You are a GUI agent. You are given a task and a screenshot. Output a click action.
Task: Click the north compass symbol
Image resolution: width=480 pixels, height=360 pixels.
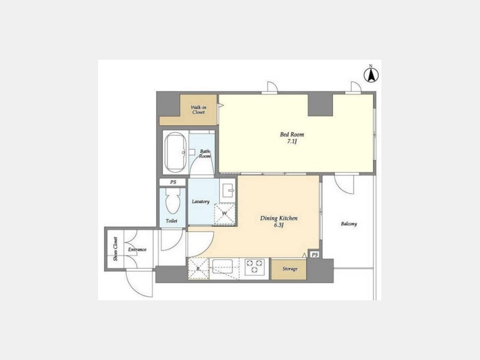pyautogui.click(x=371, y=74)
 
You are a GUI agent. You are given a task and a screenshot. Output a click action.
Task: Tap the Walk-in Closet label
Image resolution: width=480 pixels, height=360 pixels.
pyautogui.click(x=198, y=110)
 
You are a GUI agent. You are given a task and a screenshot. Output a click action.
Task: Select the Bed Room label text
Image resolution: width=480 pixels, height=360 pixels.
pyautogui.click(x=292, y=134)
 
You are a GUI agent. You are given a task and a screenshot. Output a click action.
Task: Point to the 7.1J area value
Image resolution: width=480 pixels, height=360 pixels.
pyautogui.click(x=292, y=142)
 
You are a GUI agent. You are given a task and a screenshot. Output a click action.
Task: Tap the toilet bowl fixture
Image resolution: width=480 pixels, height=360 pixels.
pyautogui.click(x=173, y=201)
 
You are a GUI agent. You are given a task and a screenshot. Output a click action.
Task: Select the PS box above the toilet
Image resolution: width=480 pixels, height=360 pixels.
pyautogui.click(x=173, y=182)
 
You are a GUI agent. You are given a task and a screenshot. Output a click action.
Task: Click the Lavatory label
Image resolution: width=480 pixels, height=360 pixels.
pyautogui.click(x=201, y=202)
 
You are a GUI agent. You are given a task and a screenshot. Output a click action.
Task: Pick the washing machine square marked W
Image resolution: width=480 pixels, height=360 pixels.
pyautogui.click(x=225, y=214)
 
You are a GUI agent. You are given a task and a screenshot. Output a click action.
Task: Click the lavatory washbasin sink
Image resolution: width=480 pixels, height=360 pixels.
pyautogui.click(x=227, y=191)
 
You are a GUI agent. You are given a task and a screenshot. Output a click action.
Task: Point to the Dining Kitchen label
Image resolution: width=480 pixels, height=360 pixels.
pyautogui.click(x=278, y=218)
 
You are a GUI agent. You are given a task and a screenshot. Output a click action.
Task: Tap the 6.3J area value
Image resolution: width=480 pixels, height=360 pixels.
pyautogui.click(x=279, y=225)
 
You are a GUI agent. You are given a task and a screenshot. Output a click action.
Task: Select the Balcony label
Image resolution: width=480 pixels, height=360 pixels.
pyautogui.click(x=349, y=224)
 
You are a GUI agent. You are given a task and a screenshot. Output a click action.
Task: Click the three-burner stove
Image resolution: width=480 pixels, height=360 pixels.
pyautogui.click(x=255, y=266)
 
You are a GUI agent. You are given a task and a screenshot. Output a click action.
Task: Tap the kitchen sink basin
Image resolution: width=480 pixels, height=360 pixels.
pyautogui.click(x=222, y=265)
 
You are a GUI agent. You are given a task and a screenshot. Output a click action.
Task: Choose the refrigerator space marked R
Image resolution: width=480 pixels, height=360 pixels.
pyautogui.click(x=198, y=268)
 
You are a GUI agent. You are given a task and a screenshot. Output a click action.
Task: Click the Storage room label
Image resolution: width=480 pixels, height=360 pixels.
pyautogui.click(x=290, y=269)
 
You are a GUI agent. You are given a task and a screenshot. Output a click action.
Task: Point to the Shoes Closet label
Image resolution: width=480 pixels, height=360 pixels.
pyautogui.click(x=115, y=249)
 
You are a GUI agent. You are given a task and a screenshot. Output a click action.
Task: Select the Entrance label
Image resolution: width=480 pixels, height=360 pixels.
pyautogui.click(x=137, y=250)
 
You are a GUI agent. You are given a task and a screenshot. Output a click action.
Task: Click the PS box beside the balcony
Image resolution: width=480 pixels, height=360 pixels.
pyautogui.click(x=315, y=255)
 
